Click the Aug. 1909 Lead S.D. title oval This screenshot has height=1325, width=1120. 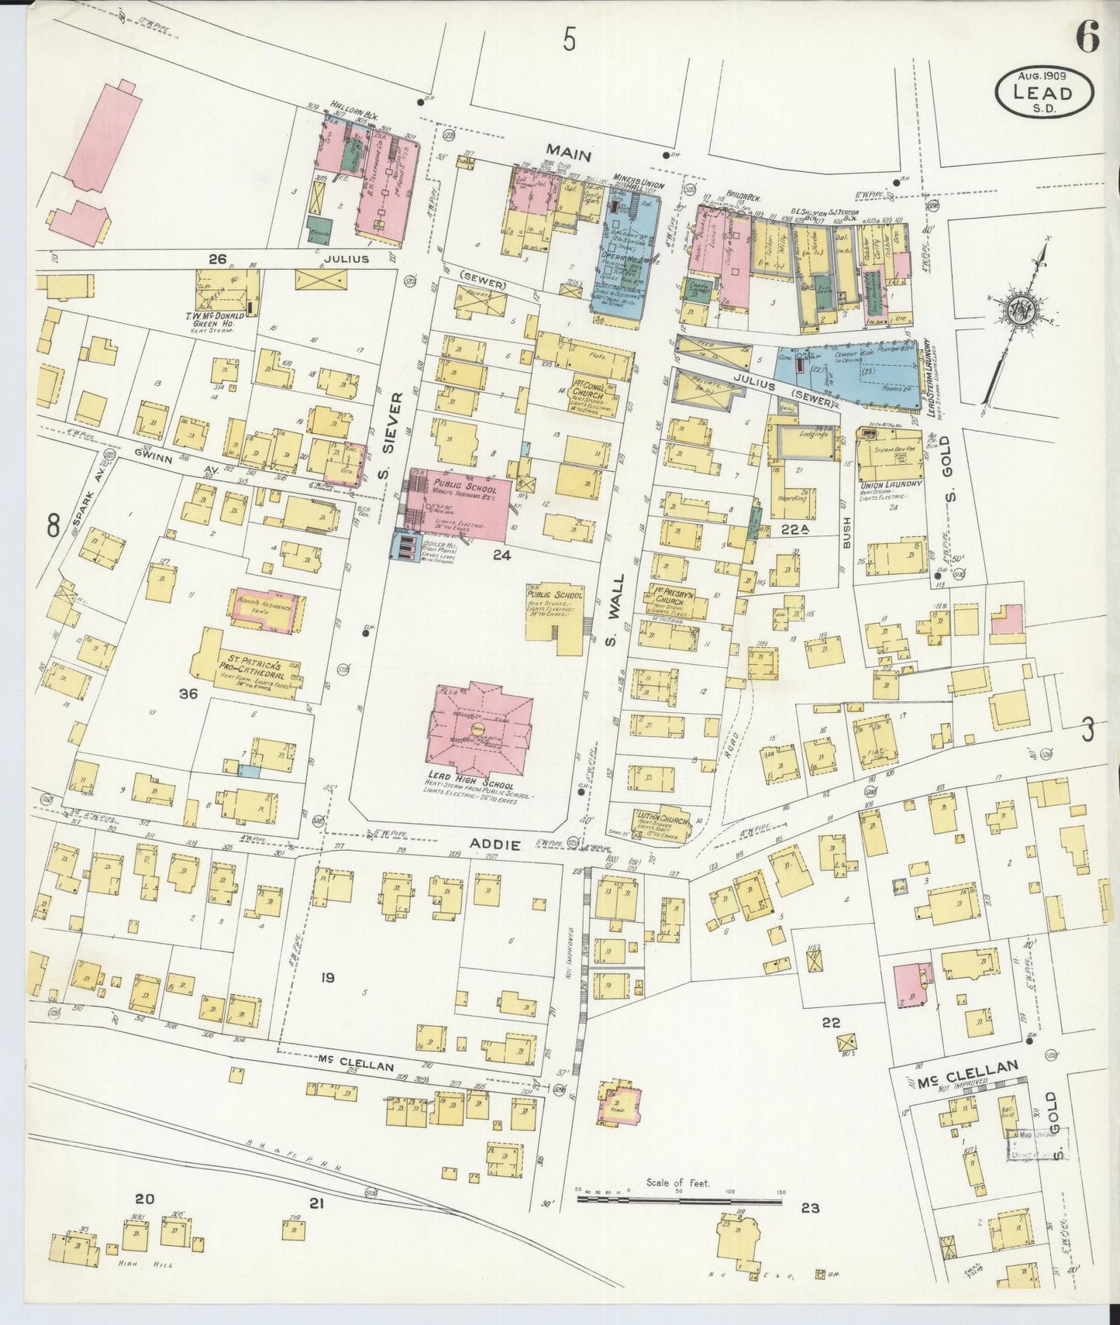click(1044, 92)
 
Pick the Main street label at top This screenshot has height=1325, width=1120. click(568, 155)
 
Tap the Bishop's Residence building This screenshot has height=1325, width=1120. click(266, 608)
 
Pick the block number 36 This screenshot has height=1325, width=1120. click(188, 694)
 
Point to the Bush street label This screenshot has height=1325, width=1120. click(846, 535)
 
